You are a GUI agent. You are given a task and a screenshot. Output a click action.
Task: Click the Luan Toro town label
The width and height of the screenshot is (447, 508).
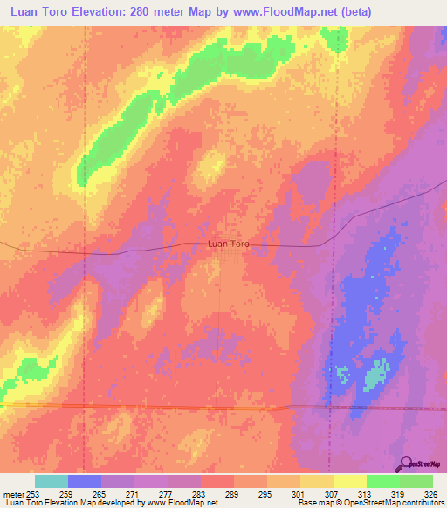point(229,244)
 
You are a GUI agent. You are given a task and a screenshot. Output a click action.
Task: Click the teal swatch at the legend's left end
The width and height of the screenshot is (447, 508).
point(51,481)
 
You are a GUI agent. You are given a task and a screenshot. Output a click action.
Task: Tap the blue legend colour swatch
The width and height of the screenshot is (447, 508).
point(84,481)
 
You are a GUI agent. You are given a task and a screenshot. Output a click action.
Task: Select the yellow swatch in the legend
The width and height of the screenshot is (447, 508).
point(349,481)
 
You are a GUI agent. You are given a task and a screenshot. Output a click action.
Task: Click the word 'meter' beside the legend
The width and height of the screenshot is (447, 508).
point(11,493)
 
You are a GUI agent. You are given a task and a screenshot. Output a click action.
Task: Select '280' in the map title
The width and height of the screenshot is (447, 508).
point(155,12)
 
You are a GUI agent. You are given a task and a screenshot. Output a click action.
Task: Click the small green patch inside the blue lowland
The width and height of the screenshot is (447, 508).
point(375,376)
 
